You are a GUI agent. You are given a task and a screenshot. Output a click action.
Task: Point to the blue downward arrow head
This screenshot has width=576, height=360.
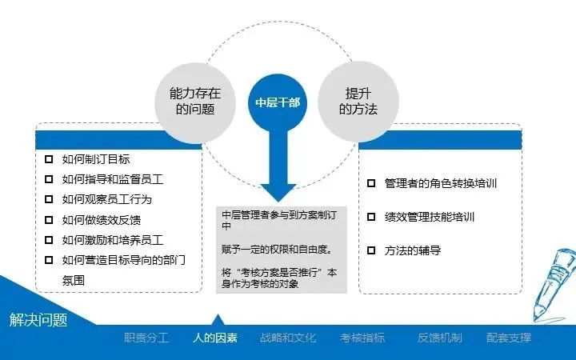click(x=278, y=190)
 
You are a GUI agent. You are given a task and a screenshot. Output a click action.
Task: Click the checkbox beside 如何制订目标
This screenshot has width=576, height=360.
click(x=49, y=158)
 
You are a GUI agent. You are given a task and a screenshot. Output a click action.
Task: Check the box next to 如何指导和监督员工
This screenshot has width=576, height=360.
click(x=49, y=178)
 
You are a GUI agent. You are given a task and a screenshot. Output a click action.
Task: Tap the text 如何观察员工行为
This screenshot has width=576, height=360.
click(x=106, y=199)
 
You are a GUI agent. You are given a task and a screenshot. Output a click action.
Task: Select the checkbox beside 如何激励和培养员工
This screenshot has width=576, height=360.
click(x=49, y=239)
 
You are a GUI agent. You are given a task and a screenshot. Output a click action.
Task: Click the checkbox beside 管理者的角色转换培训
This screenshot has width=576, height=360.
click(x=371, y=183)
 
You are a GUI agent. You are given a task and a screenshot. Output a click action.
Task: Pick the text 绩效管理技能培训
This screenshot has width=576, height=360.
click(x=430, y=217)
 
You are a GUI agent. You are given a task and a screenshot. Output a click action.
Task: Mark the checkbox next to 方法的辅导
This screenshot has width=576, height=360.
click(x=371, y=250)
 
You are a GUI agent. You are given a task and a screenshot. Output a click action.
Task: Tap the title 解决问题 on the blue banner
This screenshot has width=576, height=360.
click(x=38, y=320)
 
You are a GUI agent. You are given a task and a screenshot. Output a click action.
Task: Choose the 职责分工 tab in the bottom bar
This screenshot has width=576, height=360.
click(x=146, y=338)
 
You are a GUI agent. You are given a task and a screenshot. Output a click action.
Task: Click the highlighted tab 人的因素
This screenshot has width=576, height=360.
click(x=215, y=338)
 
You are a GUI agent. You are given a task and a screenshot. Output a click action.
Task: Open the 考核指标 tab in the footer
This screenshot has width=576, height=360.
click(x=362, y=338)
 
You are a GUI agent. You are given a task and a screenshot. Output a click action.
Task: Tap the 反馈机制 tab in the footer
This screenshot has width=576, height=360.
click(x=439, y=338)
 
